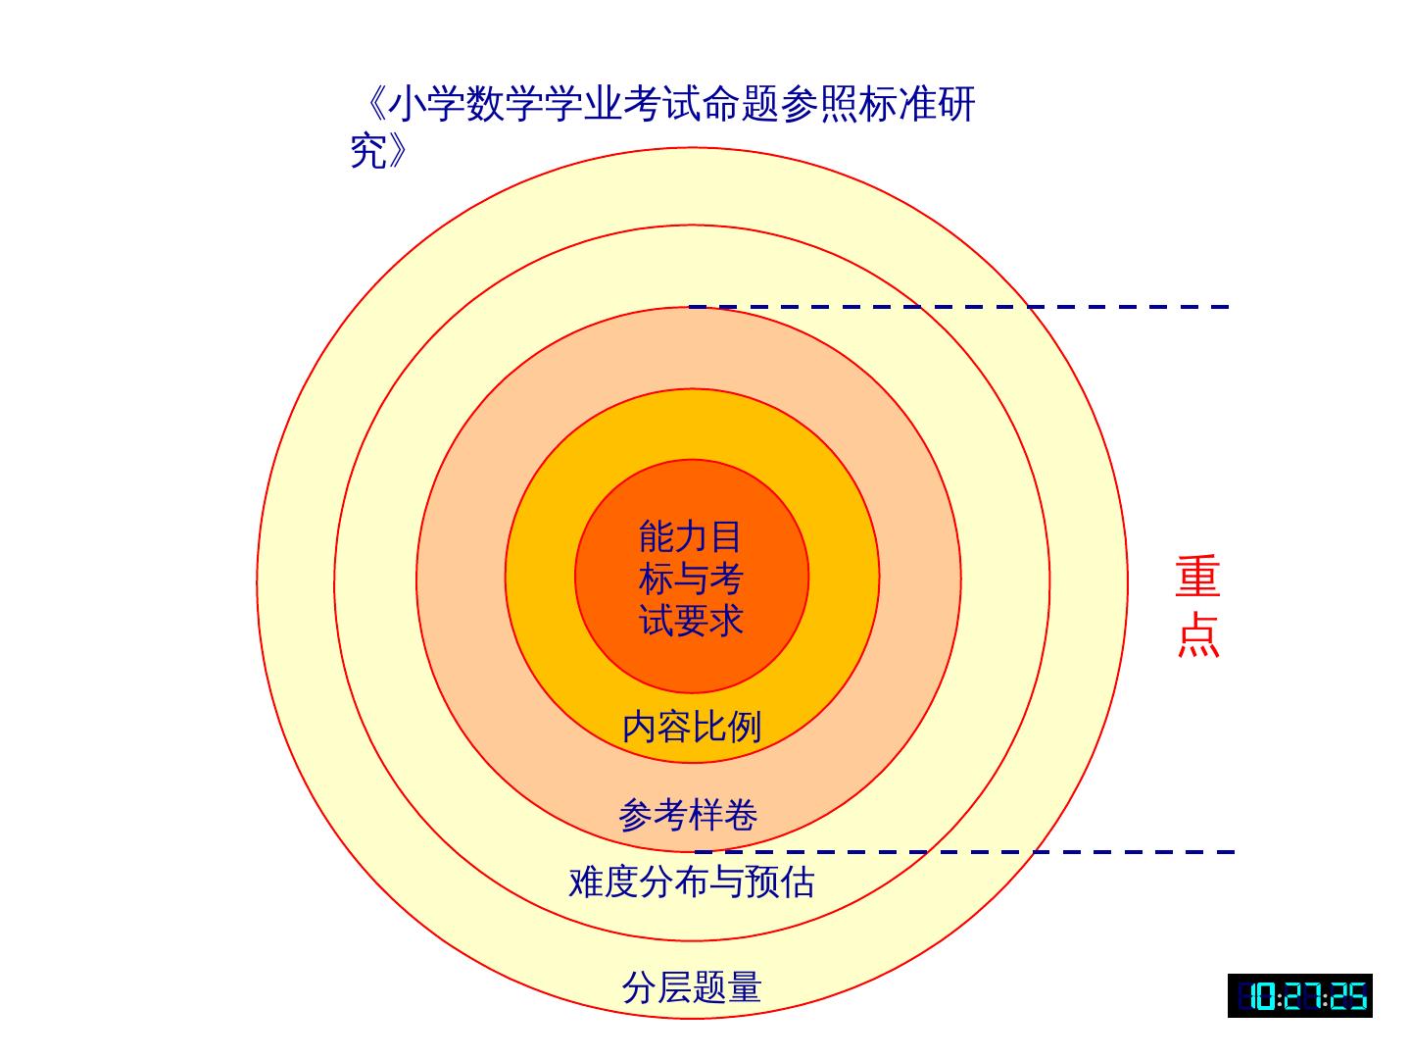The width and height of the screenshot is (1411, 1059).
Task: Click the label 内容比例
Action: click(692, 727)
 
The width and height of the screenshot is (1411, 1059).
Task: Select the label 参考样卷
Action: click(688, 815)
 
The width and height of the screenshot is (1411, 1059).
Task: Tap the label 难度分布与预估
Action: click(692, 882)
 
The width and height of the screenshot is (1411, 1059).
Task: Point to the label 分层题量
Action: click(692, 986)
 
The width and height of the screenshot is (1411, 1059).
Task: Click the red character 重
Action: click(1197, 578)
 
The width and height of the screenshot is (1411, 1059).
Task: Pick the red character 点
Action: click(1197, 634)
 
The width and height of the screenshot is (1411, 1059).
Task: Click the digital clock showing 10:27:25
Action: click(1299, 996)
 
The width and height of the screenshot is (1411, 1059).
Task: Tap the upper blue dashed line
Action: click(960, 307)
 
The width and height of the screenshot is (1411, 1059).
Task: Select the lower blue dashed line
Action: click(965, 852)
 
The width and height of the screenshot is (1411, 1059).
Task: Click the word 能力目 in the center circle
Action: click(690, 536)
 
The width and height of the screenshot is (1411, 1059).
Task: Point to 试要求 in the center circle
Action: click(691, 620)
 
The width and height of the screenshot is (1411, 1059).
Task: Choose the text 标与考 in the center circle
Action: click(691, 579)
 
